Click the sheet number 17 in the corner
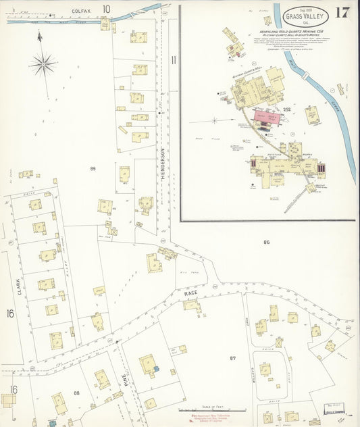point(342,12)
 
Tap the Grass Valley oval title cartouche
point(307,14)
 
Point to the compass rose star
point(43,64)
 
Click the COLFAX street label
point(81,10)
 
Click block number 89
point(93,167)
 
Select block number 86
point(267,241)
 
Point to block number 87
point(233,358)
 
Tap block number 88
point(76,393)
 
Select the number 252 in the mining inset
point(286,109)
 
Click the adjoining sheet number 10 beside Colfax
point(106,9)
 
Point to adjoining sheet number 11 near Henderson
point(173,60)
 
